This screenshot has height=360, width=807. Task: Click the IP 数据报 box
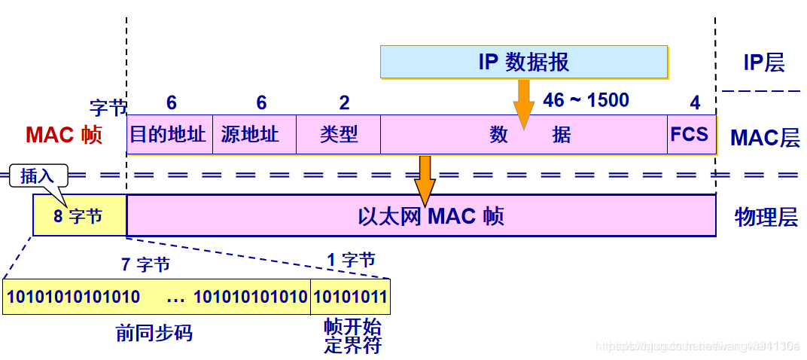point(523,62)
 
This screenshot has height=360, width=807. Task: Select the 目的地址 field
point(169,135)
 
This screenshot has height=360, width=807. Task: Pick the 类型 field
point(338,135)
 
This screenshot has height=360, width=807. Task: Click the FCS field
point(690,135)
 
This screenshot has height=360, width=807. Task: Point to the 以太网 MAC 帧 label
point(431,217)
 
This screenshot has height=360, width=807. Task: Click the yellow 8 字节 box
point(78,217)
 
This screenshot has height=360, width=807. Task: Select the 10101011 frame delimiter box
point(350,297)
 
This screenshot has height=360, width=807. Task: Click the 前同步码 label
point(154,332)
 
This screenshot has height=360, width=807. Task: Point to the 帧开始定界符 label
point(352,337)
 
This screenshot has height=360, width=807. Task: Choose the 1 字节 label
point(351,261)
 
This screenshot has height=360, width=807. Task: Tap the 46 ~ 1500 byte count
point(586,100)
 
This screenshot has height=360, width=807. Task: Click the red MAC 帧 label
point(63,136)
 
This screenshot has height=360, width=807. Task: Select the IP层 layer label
point(763,63)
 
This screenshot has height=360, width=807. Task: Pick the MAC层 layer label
point(764,138)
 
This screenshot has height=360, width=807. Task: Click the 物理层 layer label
point(765,218)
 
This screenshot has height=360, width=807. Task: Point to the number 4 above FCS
point(695,103)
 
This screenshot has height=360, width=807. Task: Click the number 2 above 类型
point(344,103)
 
